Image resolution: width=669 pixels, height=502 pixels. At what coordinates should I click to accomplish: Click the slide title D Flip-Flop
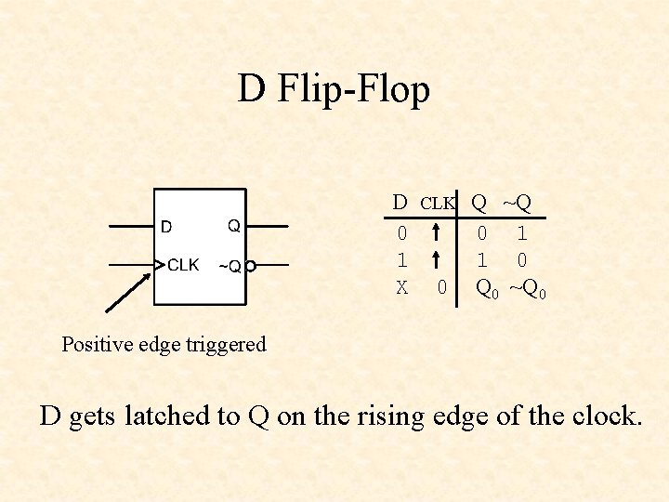pos(334,90)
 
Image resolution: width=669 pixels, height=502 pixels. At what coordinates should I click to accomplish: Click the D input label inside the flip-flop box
pos(166,226)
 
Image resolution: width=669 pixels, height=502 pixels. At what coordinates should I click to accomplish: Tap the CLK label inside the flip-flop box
pos(183,265)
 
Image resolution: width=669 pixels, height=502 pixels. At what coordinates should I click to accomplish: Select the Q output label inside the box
pos(234,226)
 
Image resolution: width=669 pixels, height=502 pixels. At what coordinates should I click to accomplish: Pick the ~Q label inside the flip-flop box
pos(230,267)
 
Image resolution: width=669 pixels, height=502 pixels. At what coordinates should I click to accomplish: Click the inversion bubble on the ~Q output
pos(251,267)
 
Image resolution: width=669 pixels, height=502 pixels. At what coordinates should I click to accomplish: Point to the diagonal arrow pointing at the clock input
pos(129,288)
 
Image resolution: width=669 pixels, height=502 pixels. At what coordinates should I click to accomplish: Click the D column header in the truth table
pos(400,202)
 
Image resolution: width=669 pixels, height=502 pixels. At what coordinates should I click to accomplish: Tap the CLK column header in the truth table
pos(438,203)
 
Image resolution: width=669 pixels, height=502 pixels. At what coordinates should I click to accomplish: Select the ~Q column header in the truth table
pos(518,202)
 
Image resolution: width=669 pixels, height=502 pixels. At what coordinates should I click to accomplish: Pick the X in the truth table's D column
pos(401,288)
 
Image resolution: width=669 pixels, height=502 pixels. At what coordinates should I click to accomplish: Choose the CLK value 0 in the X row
pos(442,288)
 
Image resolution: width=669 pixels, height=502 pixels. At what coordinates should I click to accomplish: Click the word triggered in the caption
pos(226,344)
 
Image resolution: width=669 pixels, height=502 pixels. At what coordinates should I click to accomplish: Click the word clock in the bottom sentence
pos(599,416)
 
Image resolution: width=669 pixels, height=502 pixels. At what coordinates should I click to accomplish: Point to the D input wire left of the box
pos(131,226)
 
